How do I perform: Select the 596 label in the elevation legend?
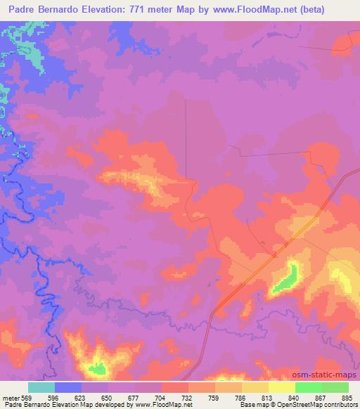pos(53,397)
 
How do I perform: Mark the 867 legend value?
pos(322,397)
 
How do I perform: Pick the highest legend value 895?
pos(345,397)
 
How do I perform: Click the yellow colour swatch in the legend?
pos(282,387)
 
